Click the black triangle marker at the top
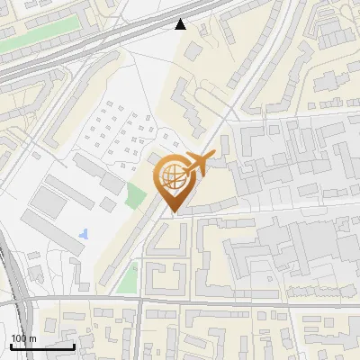[x=181, y=24]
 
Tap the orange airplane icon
[x=199, y=165]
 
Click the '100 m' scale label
[x=23, y=337]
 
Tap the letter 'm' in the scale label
[x=32, y=337]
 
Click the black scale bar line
[x=42, y=345]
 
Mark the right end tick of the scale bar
[x=74, y=343]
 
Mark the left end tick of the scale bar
[x=11, y=343]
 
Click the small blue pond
[x=84, y=234]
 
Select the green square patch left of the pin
[x=136, y=195]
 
